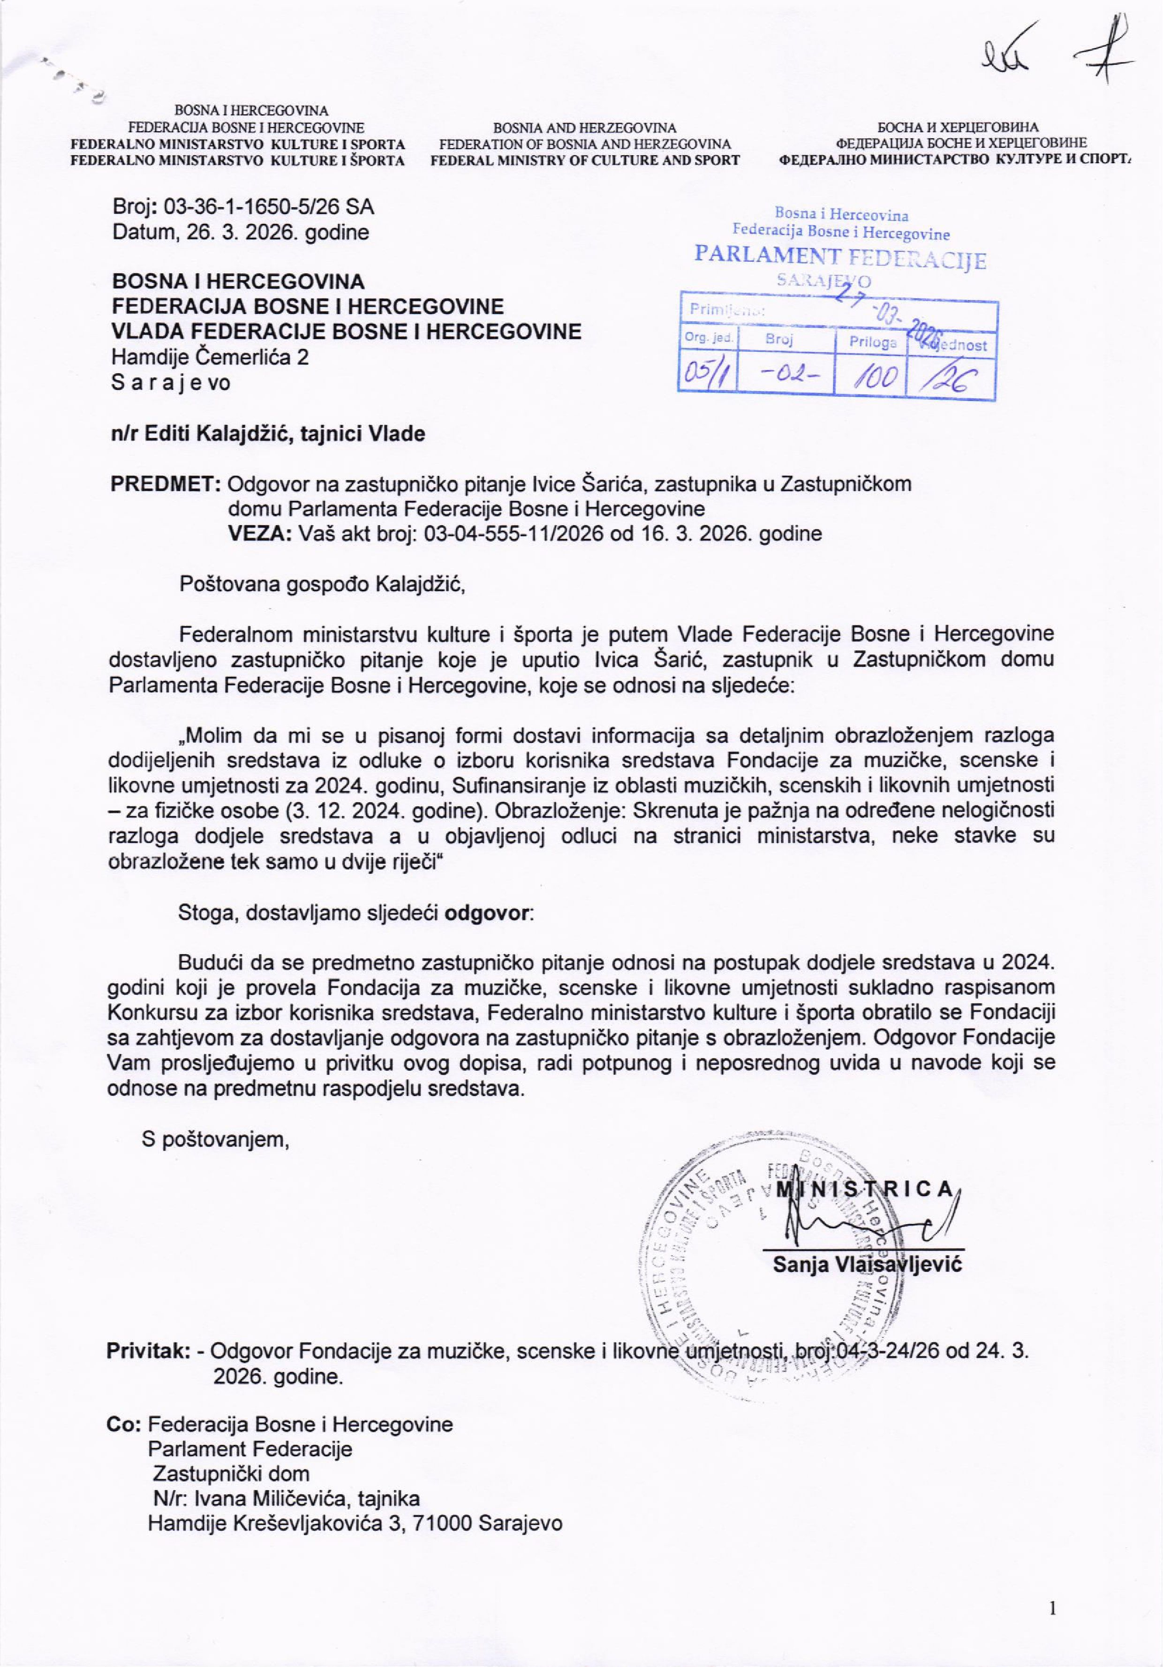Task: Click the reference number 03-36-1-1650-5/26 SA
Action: click(269, 208)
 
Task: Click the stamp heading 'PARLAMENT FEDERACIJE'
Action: click(840, 256)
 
